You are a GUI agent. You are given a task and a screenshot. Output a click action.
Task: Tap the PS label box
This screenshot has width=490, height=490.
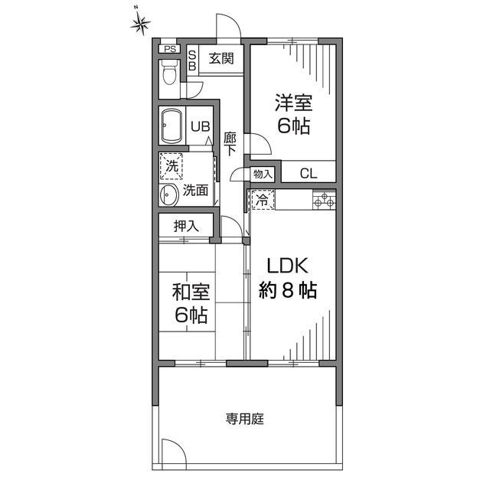[x=169, y=51]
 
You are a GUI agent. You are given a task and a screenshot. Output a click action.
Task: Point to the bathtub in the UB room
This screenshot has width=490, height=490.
[x=171, y=125]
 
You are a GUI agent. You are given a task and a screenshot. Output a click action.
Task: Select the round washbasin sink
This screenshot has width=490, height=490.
[x=168, y=195]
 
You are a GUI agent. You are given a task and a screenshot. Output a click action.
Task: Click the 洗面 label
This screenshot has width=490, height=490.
[x=195, y=191]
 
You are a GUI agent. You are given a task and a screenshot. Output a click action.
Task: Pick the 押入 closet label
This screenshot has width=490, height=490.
[x=186, y=226]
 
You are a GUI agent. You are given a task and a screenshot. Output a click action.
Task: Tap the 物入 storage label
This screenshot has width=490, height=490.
[x=263, y=174]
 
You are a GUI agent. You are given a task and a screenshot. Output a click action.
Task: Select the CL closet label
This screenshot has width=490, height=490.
[x=308, y=174]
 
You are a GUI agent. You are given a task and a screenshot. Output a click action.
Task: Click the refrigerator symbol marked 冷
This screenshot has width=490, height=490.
[x=261, y=201]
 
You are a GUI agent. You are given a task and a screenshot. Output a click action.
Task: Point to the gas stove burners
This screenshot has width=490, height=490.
[x=323, y=201]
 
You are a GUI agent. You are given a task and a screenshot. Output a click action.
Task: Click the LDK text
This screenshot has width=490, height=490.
[x=287, y=266]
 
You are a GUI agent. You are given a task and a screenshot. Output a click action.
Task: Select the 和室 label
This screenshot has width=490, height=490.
[x=191, y=292]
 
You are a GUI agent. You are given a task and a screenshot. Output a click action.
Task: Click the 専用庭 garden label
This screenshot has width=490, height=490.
[x=244, y=419]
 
